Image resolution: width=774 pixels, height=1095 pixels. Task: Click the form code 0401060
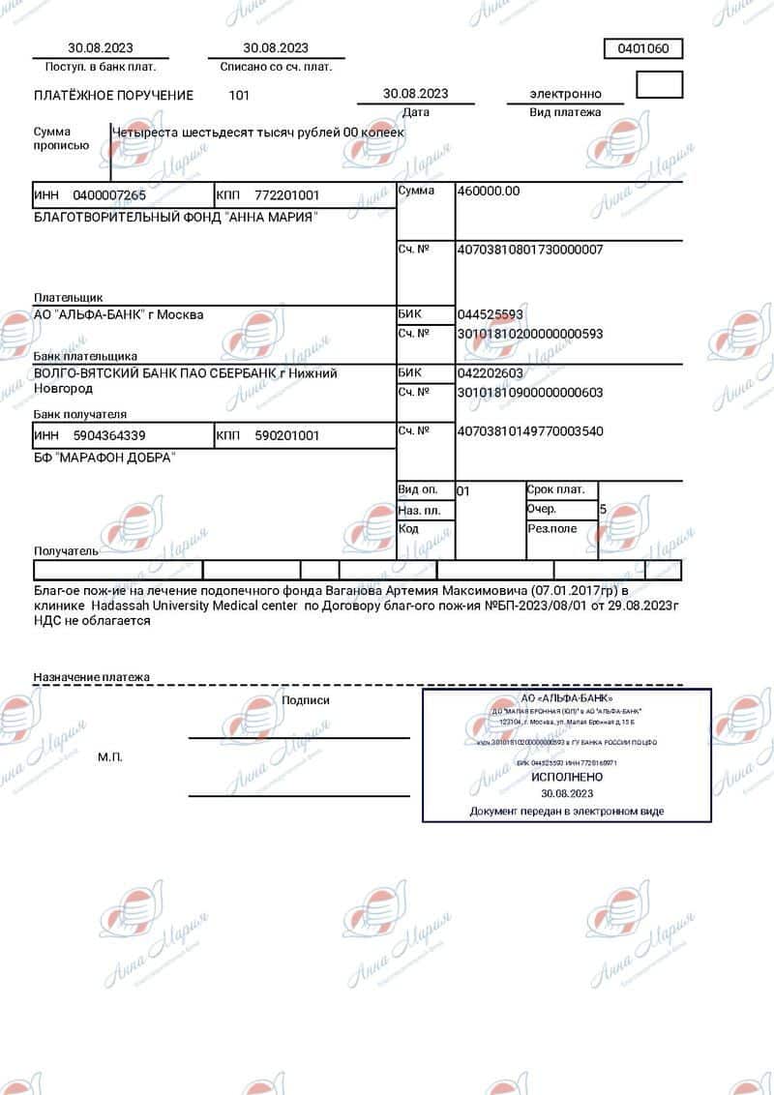pyautogui.click(x=643, y=48)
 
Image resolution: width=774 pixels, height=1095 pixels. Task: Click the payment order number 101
pyautogui.click(x=239, y=95)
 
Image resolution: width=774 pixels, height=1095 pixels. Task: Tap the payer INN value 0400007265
pyautogui.click(x=109, y=194)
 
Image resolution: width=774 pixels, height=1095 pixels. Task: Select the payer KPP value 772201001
pyautogui.click(x=286, y=194)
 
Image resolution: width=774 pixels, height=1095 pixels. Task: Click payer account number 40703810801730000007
pyautogui.click(x=529, y=250)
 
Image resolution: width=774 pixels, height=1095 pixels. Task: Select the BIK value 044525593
pyautogui.click(x=490, y=314)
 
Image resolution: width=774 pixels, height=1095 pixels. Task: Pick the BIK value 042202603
pyautogui.click(x=490, y=372)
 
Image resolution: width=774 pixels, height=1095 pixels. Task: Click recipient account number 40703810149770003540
pyautogui.click(x=529, y=430)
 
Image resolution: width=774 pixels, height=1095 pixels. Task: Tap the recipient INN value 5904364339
pyautogui.click(x=109, y=435)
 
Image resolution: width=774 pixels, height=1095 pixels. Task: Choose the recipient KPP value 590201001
pyautogui.click(x=286, y=435)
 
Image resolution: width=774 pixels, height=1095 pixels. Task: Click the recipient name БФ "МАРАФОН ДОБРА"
pyautogui.click(x=104, y=457)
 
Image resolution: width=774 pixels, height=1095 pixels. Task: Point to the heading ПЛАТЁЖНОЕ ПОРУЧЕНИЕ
pyautogui.click(x=113, y=95)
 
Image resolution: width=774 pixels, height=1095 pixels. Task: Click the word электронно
pyautogui.click(x=565, y=94)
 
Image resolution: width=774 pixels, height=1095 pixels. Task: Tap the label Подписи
pyautogui.click(x=306, y=699)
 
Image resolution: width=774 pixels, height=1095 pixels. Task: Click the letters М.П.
pyautogui.click(x=110, y=756)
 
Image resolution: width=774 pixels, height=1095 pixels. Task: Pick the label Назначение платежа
pyautogui.click(x=92, y=677)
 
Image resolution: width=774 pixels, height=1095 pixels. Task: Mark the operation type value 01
pyautogui.click(x=462, y=490)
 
